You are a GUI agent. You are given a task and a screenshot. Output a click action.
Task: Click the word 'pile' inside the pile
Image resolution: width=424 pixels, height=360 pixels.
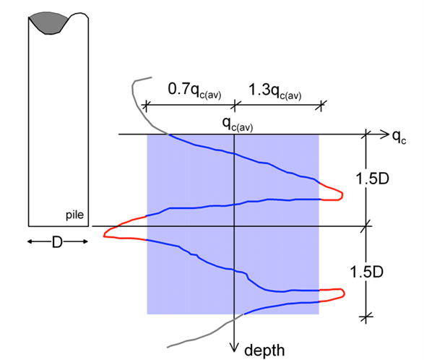[74, 215]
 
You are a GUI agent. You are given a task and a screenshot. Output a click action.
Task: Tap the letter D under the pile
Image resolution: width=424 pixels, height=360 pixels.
[57, 241]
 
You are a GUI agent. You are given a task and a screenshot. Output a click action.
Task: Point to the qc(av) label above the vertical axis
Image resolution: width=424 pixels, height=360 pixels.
[238, 124]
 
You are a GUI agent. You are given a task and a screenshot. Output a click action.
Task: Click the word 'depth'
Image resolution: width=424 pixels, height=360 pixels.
[264, 350]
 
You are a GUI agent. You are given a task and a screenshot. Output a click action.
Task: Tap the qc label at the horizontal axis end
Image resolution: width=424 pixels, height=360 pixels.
[399, 137]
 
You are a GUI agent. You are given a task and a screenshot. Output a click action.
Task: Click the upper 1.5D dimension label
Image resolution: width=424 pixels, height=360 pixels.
[372, 179]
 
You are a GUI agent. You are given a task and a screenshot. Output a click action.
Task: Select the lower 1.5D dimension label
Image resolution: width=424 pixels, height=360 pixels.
[367, 272]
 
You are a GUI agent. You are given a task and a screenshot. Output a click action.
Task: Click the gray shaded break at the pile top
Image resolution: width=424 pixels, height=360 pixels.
[48, 22]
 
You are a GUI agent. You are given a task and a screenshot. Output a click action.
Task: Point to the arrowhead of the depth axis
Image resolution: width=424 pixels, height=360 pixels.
[234, 347]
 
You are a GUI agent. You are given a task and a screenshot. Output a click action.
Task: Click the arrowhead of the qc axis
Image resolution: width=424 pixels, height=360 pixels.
[384, 134]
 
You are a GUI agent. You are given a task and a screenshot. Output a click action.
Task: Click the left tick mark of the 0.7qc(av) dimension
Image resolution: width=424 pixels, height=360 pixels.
[146, 105]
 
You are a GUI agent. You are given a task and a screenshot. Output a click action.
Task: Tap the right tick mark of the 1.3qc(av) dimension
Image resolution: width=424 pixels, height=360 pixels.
[321, 105]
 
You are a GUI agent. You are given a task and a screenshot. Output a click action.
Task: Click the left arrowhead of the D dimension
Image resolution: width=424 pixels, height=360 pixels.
[30, 241]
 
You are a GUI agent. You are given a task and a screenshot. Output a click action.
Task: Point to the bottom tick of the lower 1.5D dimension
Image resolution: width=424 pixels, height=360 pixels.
[366, 316]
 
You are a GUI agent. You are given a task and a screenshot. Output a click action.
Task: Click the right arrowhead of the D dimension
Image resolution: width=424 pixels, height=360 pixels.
[85, 241]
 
